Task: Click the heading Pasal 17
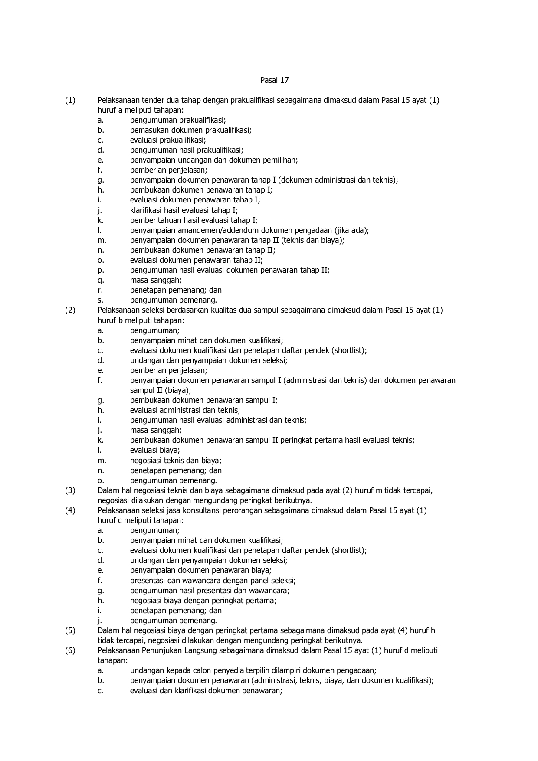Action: pos(274,80)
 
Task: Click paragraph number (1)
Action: pos(70,101)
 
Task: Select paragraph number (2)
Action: pos(70,310)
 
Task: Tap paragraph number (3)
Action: pos(70,490)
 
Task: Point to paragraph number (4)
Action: pos(70,510)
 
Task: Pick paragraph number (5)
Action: pos(70,630)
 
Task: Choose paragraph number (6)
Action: pos(70,650)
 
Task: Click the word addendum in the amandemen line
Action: pos(236,230)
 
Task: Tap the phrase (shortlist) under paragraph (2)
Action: pos(349,350)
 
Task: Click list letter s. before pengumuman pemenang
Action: pos(100,300)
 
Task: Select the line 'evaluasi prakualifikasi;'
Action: pos(168,140)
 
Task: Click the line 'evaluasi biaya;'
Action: pos(155,450)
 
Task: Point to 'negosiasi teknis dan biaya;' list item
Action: pos(176,461)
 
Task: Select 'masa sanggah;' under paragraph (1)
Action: pos(156,280)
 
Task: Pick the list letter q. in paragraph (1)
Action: pos(101,280)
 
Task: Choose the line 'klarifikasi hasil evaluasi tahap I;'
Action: pos(184,210)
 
